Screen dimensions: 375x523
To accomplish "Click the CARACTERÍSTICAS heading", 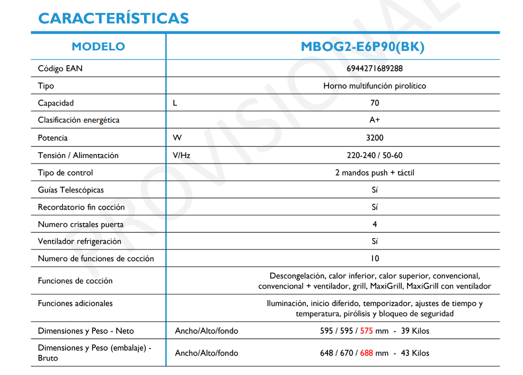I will tap(113, 18).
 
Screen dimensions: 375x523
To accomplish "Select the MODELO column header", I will tap(99, 47).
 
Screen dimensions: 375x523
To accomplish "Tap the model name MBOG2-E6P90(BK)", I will tap(362, 47).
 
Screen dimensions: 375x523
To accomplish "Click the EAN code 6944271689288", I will tap(374, 68).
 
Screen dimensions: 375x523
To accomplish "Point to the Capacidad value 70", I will tap(374, 103).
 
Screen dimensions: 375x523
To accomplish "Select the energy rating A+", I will tap(374, 120).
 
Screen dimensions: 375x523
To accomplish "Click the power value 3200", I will tap(374, 138).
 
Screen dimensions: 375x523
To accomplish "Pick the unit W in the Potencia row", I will tap(177, 138).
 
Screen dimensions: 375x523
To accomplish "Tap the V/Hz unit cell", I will tap(181, 155).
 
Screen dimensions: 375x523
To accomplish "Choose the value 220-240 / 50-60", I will tap(374, 155).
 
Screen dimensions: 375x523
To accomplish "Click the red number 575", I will tap(366, 331).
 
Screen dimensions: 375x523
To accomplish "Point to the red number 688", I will tap(366, 353).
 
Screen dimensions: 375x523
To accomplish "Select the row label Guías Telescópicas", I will tap(70, 190).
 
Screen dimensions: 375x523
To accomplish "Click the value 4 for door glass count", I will tap(375, 224).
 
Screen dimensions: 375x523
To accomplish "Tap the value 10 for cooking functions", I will tap(375, 259).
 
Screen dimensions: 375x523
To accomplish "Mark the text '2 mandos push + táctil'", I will tap(374, 173).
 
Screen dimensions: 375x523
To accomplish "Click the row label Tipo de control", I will tap(65, 173).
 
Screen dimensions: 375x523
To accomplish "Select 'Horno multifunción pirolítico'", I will tap(374, 86).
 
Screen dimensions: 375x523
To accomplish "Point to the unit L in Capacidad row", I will tap(175, 103).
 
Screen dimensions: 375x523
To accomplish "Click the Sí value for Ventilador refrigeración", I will tap(375, 241).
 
